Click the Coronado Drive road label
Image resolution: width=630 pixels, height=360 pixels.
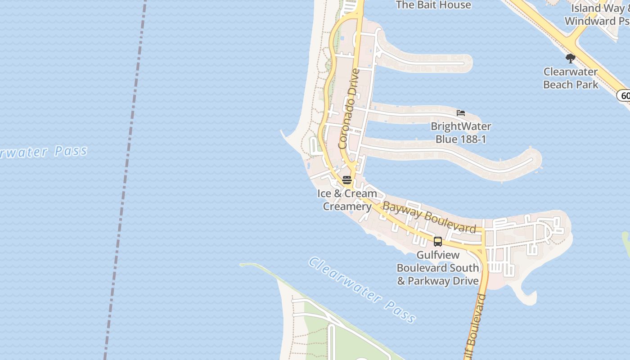pyautogui.click(x=349, y=109)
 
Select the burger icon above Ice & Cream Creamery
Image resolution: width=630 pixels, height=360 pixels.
pyautogui.click(x=347, y=180)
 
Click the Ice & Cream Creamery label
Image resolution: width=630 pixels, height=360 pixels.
pyautogui.click(x=347, y=200)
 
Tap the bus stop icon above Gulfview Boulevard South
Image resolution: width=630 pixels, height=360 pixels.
pyautogui.click(x=437, y=242)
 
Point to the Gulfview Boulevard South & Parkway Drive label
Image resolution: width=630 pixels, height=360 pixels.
pyautogui.click(x=437, y=268)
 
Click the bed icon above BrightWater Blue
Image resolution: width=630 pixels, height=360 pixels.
pyautogui.click(x=460, y=113)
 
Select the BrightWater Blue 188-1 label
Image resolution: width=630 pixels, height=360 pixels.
pyautogui.click(x=460, y=133)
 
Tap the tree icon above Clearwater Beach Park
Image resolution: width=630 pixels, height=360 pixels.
pyautogui.click(x=570, y=58)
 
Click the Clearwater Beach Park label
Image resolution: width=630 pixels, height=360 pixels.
pyautogui.click(x=571, y=78)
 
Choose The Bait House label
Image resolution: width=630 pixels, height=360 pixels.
pyautogui.click(x=433, y=5)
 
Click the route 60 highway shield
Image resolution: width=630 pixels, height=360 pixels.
pyautogui.click(x=625, y=95)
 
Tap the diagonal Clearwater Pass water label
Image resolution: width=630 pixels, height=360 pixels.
pyautogui.click(x=362, y=290)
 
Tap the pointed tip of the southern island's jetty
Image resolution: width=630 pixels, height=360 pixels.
pyautogui.click(x=242, y=265)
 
